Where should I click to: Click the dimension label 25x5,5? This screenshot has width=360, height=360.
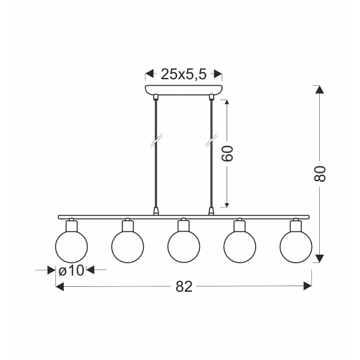click(x=184, y=74)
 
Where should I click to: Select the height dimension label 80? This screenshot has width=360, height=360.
click(x=321, y=173)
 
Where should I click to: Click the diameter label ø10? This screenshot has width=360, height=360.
click(x=71, y=271)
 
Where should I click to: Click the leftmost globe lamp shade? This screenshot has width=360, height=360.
click(x=71, y=247)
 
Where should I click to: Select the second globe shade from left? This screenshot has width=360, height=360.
click(x=128, y=247)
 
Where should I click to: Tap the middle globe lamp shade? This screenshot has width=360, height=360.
click(x=184, y=247)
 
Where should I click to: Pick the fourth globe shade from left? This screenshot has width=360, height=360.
click(x=240, y=247)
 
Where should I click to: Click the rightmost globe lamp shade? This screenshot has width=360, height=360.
click(x=296, y=247)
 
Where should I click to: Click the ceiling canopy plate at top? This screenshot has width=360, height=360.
click(x=184, y=90)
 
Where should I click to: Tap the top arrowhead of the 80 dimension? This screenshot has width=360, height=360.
click(x=320, y=91)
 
